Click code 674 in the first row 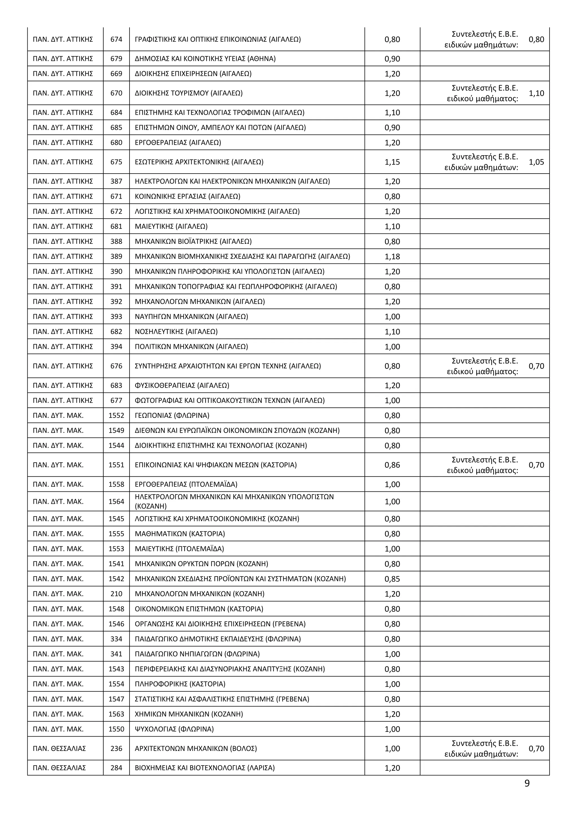click(x=116, y=39)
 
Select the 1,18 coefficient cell click(x=392, y=256)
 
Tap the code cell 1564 click(x=116, y=502)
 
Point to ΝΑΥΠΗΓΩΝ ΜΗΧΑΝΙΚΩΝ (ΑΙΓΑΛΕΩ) click(x=191, y=316)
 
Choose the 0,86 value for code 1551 click(x=392, y=465)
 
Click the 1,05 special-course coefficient click(x=536, y=162)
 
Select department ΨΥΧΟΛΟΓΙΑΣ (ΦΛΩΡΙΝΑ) click(x=174, y=729)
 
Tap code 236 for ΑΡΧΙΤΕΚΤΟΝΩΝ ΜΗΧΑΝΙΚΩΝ click(x=116, y=748)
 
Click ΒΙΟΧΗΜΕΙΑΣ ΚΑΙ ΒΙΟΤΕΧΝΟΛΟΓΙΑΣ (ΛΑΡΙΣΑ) click(x=205, y=768)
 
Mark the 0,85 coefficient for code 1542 click(x=392, y=578)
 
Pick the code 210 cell click(x=116, y=593)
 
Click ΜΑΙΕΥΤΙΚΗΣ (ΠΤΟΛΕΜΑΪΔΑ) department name click(x=179, y=548)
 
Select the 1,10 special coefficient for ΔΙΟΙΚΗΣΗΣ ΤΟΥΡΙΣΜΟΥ click(x=536, y=93)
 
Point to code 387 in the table click(x=116, y=181)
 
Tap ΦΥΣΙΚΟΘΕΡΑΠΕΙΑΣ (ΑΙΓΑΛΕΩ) click(x=182, y=385)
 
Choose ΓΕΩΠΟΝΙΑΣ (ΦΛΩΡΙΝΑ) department click(x=172, y=415)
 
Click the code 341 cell click(x=116, y=654)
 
